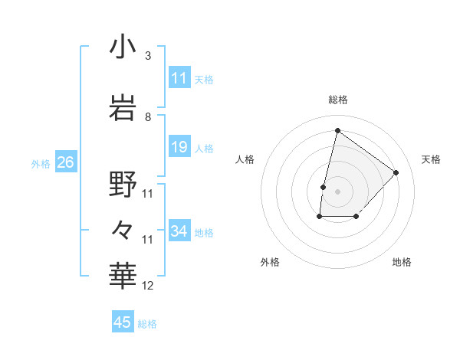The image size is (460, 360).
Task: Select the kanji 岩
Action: coord(123,108)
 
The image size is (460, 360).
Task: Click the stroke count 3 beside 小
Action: coord(148,56)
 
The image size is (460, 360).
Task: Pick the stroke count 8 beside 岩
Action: coord(148,117)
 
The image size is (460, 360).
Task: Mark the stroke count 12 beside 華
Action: coord(148,286)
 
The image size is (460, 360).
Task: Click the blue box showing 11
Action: coord(179,78)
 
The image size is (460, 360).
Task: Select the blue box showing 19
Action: coord(179,147)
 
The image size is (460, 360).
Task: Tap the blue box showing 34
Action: coord(179,231)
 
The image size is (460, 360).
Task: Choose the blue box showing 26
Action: coord(65,162)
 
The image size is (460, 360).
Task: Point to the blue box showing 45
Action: coord(123,322)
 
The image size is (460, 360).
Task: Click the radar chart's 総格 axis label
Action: coord(337,100)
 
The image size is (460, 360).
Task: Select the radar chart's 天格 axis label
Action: coord(431,159)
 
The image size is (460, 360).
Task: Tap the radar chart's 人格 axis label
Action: coord(245,159)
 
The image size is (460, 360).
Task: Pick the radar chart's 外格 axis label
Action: coord(270,263)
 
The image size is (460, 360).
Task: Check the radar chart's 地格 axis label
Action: coord(402,263)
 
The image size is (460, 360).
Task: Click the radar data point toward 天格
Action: coord(396,172)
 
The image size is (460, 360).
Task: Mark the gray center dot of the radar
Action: coord(337,191)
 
